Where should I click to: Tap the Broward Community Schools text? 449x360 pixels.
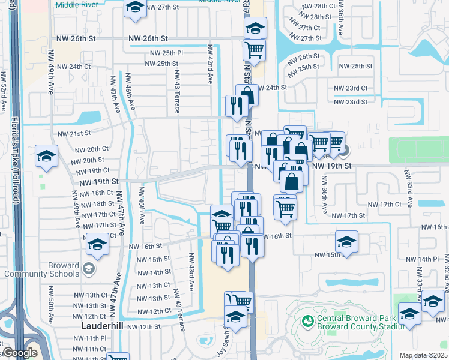click(41, 269)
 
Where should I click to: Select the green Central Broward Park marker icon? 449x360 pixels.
click(308, 322)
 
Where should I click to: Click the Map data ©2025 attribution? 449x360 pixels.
click(423, 355)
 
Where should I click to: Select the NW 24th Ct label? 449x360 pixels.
click(75, 67)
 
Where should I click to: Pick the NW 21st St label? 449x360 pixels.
click(74, 133)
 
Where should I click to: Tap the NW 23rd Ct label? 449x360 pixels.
click(352, 88)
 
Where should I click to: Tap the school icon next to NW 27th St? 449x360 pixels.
click(136, 8)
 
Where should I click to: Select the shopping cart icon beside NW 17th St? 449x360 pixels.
click(285, 207)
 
